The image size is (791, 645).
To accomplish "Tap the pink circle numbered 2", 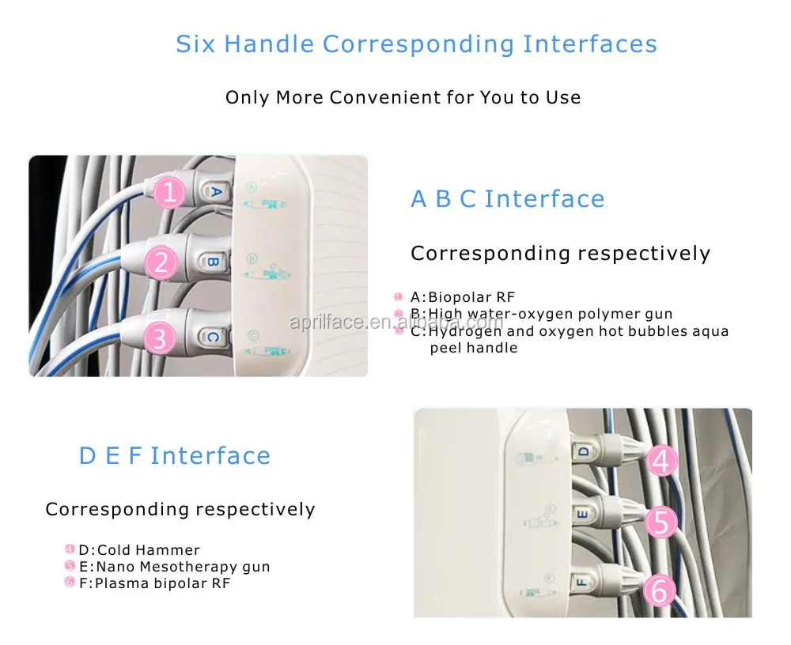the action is (161, 261).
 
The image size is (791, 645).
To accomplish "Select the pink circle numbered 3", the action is (160, 338).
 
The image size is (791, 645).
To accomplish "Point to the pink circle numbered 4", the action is (662, 460).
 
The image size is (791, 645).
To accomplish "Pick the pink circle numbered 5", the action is (662, 522).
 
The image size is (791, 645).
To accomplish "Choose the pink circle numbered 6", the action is (661, 589).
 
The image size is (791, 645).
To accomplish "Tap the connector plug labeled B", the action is (211, 261).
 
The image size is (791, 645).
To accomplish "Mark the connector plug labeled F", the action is (581, 583).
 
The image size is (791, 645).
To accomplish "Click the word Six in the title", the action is (196, 43).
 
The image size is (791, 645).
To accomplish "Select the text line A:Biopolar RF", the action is (462, 297).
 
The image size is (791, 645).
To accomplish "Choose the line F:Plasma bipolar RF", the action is (153, 583).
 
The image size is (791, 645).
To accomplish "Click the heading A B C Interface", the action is (507, 199).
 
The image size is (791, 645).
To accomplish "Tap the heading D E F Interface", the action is (174, 456).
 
